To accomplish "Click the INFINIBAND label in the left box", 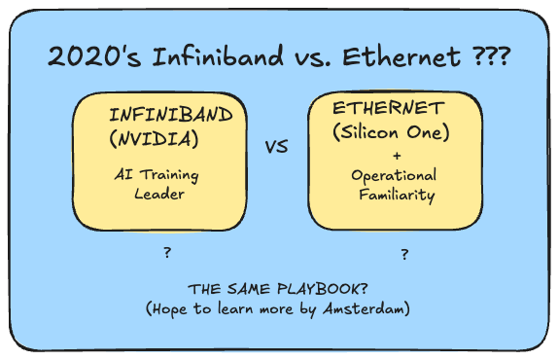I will point(171,117).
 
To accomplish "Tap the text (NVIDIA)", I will point(155,138).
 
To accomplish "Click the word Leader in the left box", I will point(158,193).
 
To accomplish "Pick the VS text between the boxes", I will point(277,148).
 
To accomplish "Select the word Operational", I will point(394,175).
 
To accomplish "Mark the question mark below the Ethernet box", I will point(403,255).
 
